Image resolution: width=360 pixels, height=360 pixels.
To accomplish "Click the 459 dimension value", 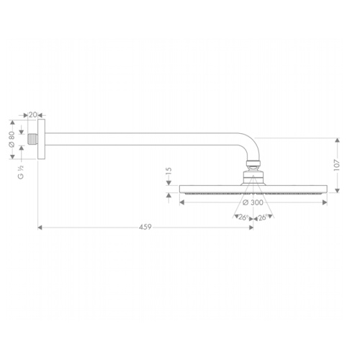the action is [145, 227].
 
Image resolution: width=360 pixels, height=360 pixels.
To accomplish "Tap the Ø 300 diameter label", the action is [253, 202].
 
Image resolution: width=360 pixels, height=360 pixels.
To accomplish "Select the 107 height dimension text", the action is [337, 165].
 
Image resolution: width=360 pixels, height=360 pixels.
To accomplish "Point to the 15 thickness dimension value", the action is [168, 171].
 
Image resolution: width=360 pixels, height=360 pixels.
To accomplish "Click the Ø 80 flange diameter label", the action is [12, 139].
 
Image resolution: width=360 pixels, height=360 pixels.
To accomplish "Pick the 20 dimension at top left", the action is [33, 114].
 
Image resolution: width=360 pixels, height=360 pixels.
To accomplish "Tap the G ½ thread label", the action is [21, 172].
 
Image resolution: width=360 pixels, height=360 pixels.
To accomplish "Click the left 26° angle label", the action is [243, 217].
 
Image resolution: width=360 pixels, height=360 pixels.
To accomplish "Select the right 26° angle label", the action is [263, 217].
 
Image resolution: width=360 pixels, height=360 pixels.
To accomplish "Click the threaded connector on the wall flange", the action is [32, 139].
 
